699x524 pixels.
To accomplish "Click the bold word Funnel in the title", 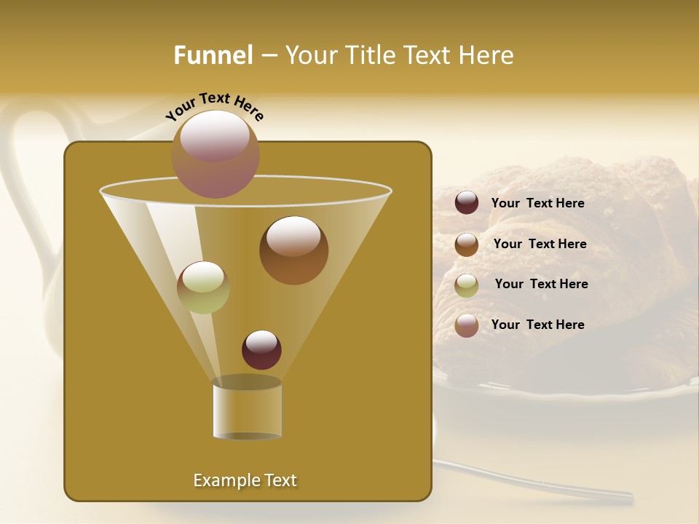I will coord(213,55).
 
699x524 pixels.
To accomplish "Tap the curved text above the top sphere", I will coord(215,106).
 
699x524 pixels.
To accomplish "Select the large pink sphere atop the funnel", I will coord(215,154).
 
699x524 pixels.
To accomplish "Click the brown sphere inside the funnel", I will coord(293,250).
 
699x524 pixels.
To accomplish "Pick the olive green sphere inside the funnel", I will coord(203,287).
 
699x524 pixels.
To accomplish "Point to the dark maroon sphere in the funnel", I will coord(261,349).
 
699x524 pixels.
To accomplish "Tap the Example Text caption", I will coord(245,480).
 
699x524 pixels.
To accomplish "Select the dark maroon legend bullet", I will coord(467,203).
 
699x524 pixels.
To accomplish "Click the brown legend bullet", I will coord(467,244).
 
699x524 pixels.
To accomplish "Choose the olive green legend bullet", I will coord(467,285).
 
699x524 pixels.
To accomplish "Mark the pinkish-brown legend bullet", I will coord(467,325).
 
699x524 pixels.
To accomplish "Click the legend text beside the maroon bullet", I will coord(537,203).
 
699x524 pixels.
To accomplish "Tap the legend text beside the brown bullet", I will coord(540,244).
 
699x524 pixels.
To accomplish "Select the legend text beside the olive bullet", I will coord(541,284).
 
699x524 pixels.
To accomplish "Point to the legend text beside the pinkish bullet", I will coord(537,325).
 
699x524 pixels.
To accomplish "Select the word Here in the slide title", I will coord(486,55).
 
